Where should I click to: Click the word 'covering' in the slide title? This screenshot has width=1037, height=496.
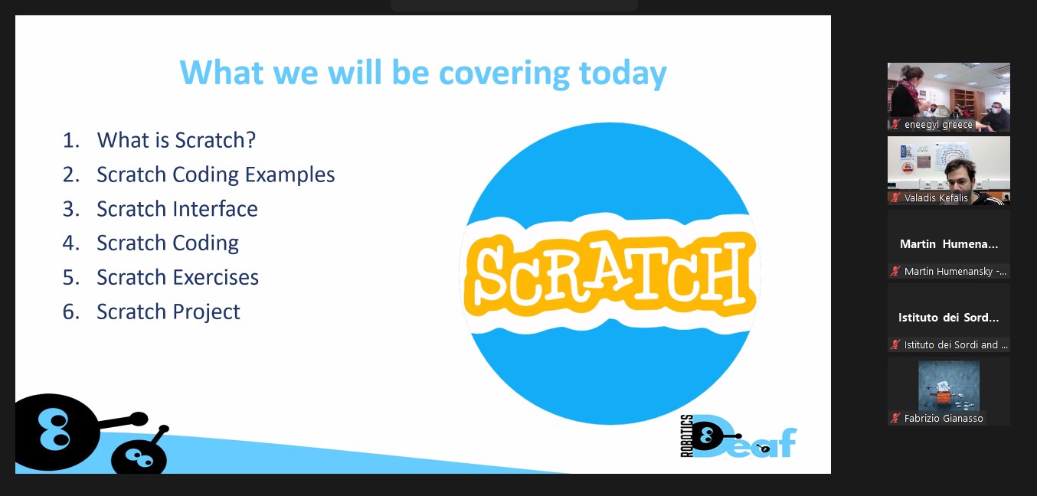(x=504, y=74)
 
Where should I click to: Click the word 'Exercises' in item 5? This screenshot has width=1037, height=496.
(x=215, y=277)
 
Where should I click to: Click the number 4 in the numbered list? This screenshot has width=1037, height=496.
(x=70, y=243)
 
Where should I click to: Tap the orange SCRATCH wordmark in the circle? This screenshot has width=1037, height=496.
(x=610, y=274)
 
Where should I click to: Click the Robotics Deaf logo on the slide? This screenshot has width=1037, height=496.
(x=738, y=436)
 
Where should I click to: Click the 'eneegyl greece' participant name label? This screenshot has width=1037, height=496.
(x=938, y=125)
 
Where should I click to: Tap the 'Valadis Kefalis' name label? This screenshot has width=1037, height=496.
(x=936, y=198)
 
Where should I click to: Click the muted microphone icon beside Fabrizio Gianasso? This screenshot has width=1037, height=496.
(x=895, y=418)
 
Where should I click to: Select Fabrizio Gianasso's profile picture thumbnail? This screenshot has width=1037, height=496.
(x=949, y=386)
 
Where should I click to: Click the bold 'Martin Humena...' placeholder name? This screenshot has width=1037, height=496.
(x=949, y=244)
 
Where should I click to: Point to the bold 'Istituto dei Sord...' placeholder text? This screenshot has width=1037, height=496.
(x=949, y=318)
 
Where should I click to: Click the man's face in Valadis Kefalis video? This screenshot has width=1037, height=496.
(x=960, y=175)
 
